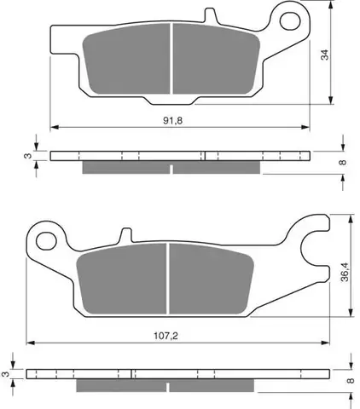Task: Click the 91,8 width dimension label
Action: pyautogui.click(x=172, y=121)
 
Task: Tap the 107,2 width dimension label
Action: pyautogui.click(x=165, y=336)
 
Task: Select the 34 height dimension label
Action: pyautogui.click(x=324, y=55)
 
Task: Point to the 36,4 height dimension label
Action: pyautogui.click(x=345, y=272)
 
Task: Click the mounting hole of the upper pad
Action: pyautogui.click(x=290, y=20)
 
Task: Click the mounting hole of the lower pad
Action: pyautogui.click(x=46, y=241)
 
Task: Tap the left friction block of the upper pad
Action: pyautogui.click(x=126, y=59)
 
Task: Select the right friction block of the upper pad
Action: pyautogui.click(x=217, y=59)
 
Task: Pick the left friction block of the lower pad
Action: pyautogui.click(x=122, y=279)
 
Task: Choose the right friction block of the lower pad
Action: pyautogui.click(x=212, y=279)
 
